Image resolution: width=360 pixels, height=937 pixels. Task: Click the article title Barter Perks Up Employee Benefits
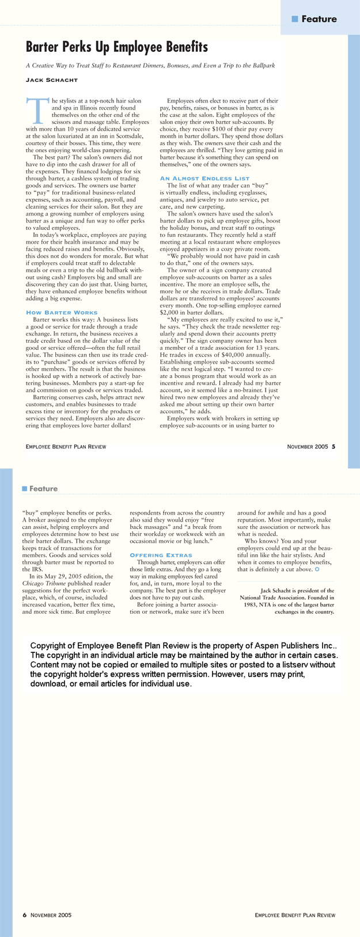117,47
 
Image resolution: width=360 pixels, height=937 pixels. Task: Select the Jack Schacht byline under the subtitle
52,80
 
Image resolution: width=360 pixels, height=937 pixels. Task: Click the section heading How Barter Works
62,312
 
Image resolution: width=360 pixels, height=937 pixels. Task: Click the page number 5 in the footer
334,446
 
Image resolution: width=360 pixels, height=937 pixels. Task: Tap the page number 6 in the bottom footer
25,915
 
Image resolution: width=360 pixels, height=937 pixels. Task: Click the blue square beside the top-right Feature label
295,19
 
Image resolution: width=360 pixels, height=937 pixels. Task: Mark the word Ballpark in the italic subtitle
262,66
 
